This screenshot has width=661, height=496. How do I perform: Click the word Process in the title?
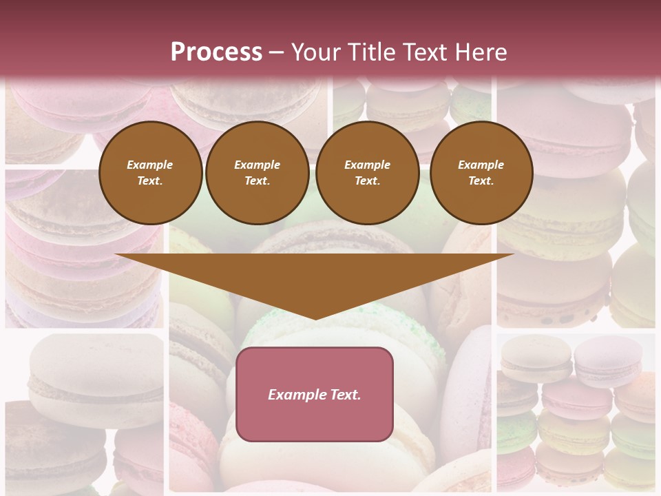click(x=216, y=52)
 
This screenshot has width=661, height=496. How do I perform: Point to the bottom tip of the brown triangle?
click(x=315, y=318)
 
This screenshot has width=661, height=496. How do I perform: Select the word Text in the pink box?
click(x=345, y=395)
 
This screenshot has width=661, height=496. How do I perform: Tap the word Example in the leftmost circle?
click(x=150, y=165)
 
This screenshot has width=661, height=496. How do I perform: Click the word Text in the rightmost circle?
click(x=481, y=180)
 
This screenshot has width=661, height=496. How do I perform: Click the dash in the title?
click(x=276, y=52)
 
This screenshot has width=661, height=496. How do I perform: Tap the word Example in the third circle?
click(x=367, y=165)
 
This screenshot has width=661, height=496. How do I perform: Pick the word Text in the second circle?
click(x=256, y=180)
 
